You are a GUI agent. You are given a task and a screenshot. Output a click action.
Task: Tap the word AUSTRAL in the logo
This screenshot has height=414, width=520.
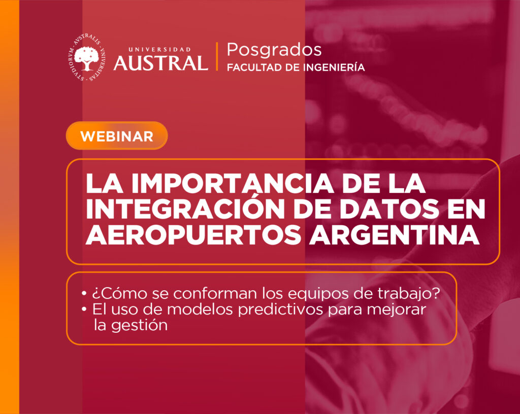pos(161,63)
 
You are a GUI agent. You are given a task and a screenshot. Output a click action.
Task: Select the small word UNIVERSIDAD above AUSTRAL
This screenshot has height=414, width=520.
pos(159,49)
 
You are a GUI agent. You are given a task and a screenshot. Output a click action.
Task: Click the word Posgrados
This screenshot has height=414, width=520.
pos(274,50)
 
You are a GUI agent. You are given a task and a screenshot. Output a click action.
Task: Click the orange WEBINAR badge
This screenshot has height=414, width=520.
pos(117,136)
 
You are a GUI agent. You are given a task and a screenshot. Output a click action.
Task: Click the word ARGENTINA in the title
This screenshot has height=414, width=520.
pos(394,234)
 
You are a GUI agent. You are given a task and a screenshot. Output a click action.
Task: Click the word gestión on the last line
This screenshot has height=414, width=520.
pos(139,325)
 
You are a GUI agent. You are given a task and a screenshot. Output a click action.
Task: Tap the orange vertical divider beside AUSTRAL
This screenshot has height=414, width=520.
pos(217,56)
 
